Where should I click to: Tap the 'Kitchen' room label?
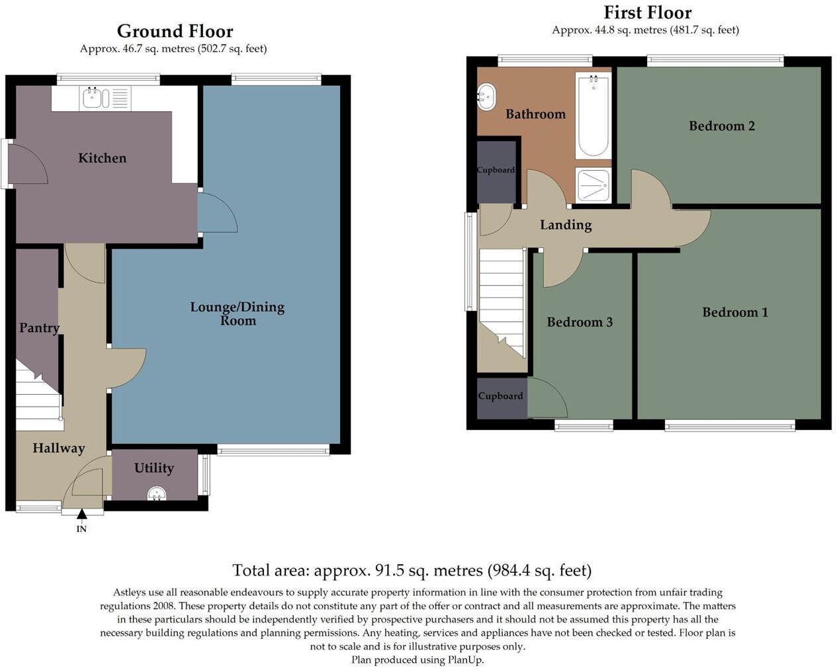102,158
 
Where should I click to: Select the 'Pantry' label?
39,327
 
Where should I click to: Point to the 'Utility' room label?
154,468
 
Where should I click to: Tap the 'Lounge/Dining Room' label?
237,314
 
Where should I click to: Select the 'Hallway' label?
59,448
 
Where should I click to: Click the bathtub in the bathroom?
593,116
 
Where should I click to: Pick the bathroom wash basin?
486,97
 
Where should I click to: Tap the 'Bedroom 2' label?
721,126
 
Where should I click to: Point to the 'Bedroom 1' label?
734,312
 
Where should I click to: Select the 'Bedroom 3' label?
580,322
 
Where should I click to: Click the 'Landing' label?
565,225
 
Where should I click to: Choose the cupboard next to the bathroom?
496,171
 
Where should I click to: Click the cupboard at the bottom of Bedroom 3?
500,396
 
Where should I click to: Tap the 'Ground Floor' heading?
175,31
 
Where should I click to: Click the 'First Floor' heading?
647,13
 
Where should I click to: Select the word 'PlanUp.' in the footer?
466,660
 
